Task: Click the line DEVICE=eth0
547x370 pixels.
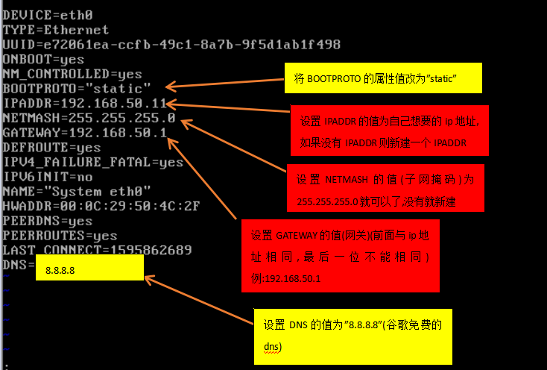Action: [x=48, y=14]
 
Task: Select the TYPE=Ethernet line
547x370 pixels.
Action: [x=56, y=30]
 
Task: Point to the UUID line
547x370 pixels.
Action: [x=171, y=45]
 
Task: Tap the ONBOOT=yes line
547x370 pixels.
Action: [x=43, y=59]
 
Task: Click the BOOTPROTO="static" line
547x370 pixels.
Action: [x=77, y=89]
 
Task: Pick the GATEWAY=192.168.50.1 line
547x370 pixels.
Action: [x=84, y=133]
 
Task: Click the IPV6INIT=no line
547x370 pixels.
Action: [x=48, y=177]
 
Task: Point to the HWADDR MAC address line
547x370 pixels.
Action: [x=101, y=206]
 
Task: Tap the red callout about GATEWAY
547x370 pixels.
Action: [x=338, y=256]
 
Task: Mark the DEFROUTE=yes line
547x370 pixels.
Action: [x=51, y=148]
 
